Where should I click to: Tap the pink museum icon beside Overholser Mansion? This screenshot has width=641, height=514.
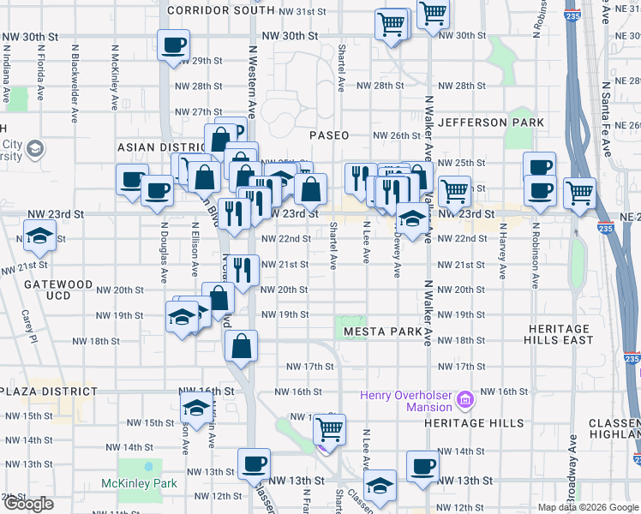pyautogui.click(x=465, y=399)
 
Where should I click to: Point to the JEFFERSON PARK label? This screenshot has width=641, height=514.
pyautogui.click(x=491, y=123)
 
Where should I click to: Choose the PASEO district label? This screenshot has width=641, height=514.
pyautogui.click(x=329, y=135)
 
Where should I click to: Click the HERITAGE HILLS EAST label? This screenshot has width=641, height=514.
pyautogui.click(x=548, y=334)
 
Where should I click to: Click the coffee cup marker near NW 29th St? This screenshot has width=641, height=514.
pyautogui.click(x=173, y=45)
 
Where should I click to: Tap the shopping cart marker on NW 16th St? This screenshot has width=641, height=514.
pyautogui.click(x=328, y=428)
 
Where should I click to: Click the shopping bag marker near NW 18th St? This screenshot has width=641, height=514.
pyautogui.click(x=241, y=346)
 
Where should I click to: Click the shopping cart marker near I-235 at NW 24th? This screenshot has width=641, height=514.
pyautogui.click(x=579, y=193)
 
